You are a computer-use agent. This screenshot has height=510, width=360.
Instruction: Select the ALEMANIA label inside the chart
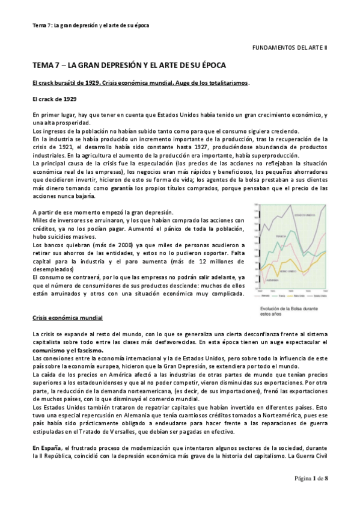click(x=272, y=280)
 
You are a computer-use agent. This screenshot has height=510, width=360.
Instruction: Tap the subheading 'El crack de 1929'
click(x=54, y=98)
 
